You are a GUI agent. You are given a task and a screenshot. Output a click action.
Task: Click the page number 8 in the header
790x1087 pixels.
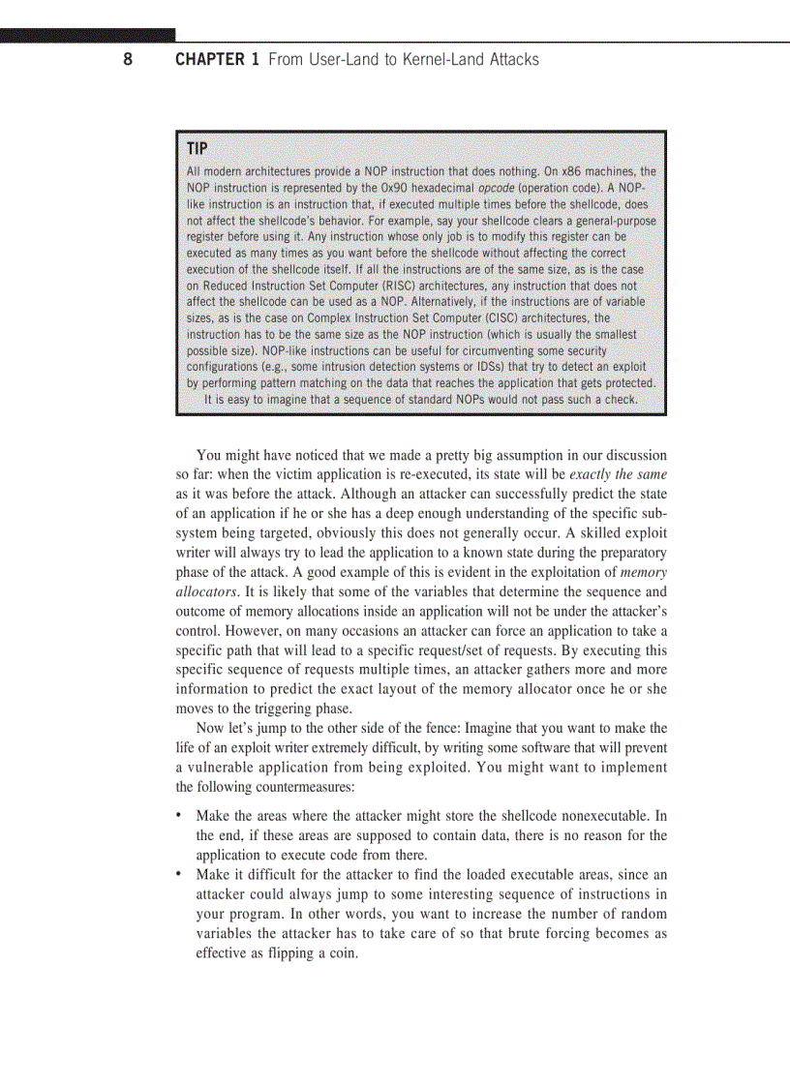pos(127,60)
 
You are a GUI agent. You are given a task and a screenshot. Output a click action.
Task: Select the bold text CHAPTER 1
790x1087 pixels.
pos(217,60)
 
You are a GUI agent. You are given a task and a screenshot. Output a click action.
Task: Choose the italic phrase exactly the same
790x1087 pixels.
pos(619,474)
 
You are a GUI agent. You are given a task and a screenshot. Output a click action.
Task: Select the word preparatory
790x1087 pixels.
pos(627,553)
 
